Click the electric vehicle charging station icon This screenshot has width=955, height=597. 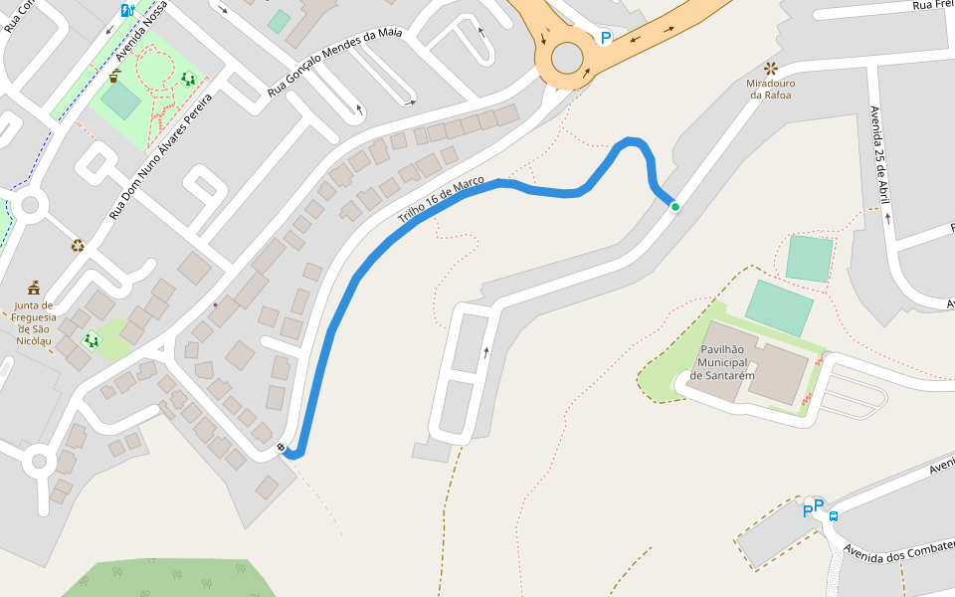coord(127,10)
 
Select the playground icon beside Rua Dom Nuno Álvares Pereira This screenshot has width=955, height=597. coord(188,79)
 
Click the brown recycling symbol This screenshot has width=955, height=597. coord(77,245)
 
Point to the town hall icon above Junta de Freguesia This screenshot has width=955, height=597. coord(34,288)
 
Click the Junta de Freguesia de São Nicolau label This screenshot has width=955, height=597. coord(34,322)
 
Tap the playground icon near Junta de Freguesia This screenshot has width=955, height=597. coord(92,341)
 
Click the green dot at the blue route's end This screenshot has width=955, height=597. coord(675,207)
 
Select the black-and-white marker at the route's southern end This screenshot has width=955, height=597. coord(284,448)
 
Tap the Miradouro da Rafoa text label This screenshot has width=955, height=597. coord(770,90)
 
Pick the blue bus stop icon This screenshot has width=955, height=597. coord(834,516)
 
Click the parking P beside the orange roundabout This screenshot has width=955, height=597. coord(605,38)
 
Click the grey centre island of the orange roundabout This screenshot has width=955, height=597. coord(567,59)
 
